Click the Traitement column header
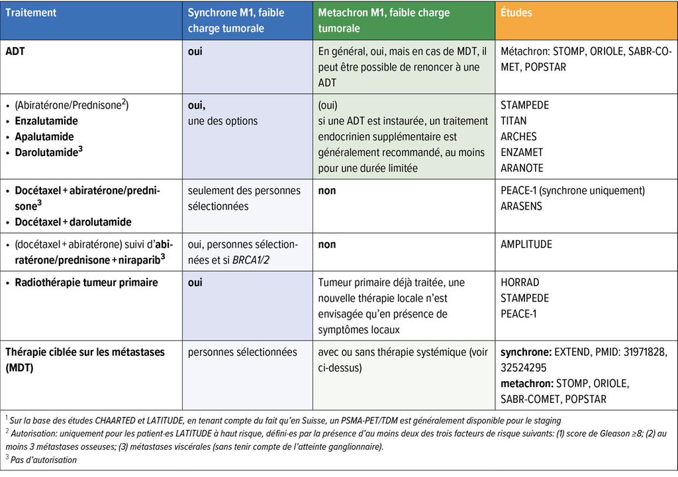coord(31,13)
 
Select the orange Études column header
coord(517,13)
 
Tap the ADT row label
coord(15,51)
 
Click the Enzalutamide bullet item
coord(46,121)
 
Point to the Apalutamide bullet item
coord(44,137)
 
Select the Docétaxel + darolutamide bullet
coord(73,222)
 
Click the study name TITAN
coord(514,121)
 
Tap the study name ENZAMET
coord(522,152)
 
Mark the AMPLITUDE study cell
coord(526,244)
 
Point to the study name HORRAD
coord(520,282)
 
